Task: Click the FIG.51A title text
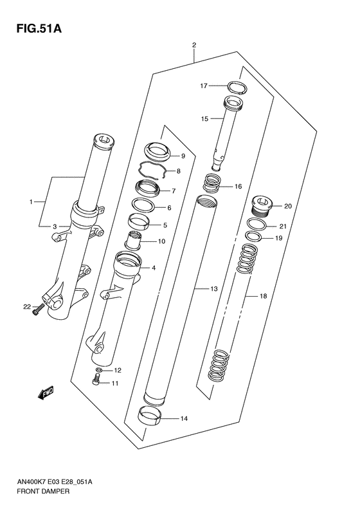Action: click(x=39, y=29)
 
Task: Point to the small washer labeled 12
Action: click(x=99, y=370)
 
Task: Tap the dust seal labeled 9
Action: click(x=157, y=152)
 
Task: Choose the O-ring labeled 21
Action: click(x=257, y=224)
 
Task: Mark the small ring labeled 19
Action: click(x=254, y=237)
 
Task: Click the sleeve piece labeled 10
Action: click(x=133, y=240)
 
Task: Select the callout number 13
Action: click(x=213, y=289)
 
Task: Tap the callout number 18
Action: click(x=263, y=296)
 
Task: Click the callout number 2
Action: click(x=194, y=45)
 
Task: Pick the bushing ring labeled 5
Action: click(x=139, y=221)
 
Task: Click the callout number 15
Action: click(x=204, y=119)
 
